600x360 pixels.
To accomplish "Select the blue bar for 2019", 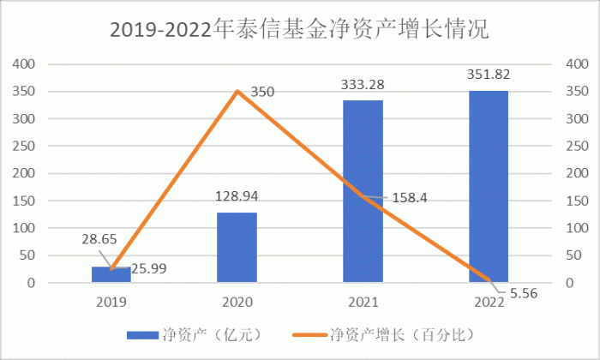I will tap(111, 274).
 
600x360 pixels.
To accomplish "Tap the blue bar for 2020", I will tap(237, 247).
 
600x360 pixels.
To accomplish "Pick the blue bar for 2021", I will tap(363, 191).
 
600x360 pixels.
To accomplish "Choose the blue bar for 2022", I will tap(489, 186).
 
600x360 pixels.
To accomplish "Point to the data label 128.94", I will tap(237, 197).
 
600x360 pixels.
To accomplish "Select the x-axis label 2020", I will tap(237, 302).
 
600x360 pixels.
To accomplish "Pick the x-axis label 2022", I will tap(489, 302).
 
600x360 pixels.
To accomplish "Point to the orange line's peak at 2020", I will tap(237, 91).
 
